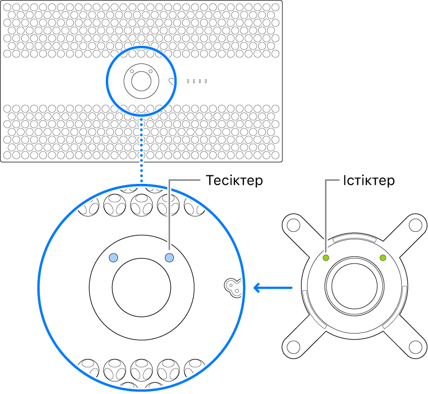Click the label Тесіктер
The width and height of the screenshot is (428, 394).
point(234,180)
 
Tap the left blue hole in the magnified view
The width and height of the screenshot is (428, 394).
point(114,258)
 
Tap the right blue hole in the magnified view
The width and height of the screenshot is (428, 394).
point(169,258)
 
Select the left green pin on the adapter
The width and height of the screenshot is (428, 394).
point(326,258)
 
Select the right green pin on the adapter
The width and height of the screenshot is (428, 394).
point(383,258)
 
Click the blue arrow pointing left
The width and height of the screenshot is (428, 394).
point(272,288)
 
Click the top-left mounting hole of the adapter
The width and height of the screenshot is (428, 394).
point(292,223)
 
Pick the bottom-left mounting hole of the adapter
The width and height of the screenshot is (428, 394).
point(292,347)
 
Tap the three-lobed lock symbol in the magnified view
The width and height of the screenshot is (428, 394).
point(232,286)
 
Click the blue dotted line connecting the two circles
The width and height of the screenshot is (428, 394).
point(142,151)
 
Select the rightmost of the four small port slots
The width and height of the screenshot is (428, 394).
point(206,81)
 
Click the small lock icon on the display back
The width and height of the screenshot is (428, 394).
point(172,81)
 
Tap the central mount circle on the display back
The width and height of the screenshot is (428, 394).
point(141,80)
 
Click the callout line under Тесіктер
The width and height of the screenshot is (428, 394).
point(169,217)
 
